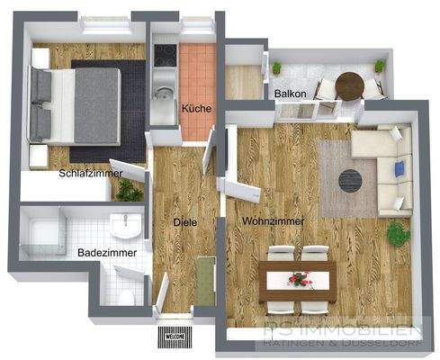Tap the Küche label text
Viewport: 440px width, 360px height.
(196, 109)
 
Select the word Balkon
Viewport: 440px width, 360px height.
(291, 93)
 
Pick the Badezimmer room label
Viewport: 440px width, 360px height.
(107, 253)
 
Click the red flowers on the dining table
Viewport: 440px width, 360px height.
(297, 279)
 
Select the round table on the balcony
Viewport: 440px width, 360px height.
(348, 86)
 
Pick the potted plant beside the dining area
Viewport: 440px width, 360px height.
(397, 234)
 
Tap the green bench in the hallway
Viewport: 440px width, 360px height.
(205, 281)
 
